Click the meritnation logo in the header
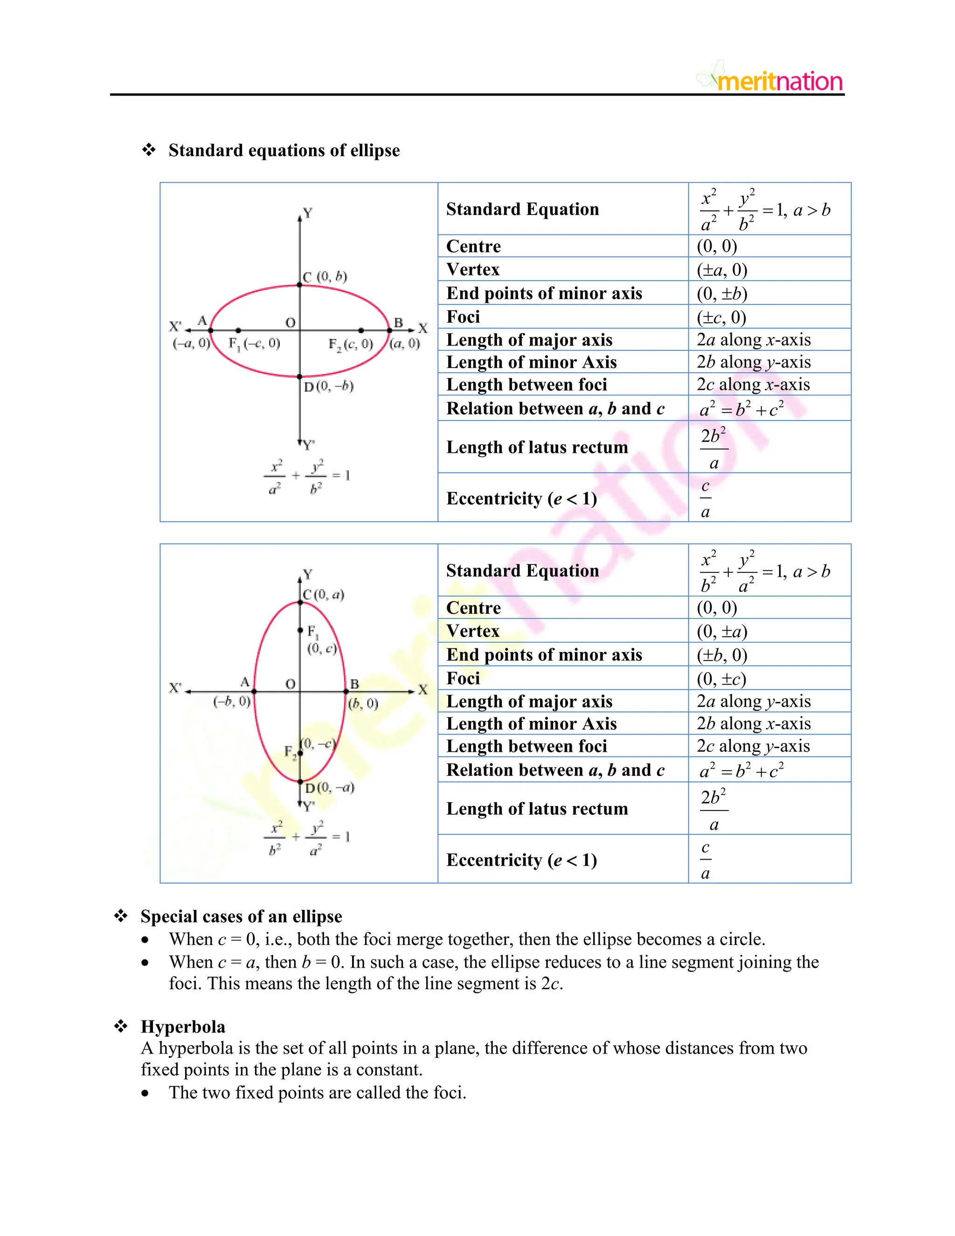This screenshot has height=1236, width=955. tap(772, 80)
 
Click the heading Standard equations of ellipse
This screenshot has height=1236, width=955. tap(284, 151)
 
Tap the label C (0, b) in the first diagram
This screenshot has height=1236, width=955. tap(325, 277)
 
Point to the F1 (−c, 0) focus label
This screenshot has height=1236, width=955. tap(254, 344)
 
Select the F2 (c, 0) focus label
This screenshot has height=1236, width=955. tap(351, 344)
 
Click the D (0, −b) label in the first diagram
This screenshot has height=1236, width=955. tap(329, 387)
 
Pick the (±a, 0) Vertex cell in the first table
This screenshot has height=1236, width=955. tap(722, 270)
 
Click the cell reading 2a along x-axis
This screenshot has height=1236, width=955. tap(753, 340)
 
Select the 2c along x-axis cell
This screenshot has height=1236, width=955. tap(753, 384)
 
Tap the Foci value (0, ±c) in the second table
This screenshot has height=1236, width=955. tap(721, 678)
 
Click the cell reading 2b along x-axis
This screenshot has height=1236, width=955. tap(753, 723)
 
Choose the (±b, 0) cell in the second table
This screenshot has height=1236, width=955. tap(722, 655)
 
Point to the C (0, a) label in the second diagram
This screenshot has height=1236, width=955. tap(324, 594)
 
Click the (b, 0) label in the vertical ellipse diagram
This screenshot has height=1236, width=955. tap(363, 703)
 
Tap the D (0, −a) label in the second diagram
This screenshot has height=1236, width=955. tap(330, 788)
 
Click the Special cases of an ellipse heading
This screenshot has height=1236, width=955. tap(241, 916)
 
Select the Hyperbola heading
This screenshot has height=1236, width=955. tap(183, 1027)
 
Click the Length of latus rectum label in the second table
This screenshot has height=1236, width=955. tap(537, 809)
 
